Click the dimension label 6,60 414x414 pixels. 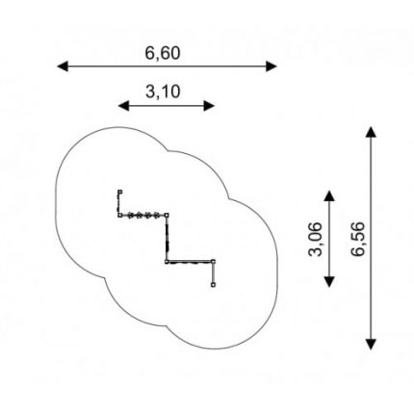[x=163, y=53]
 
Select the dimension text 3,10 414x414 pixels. [x=163, y=91]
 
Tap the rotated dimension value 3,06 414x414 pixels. [x=315, y=239]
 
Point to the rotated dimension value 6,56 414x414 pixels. [x=358, y=239]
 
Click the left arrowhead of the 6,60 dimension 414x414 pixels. [x=63, y=66]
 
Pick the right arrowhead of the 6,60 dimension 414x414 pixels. [x=272, y=66]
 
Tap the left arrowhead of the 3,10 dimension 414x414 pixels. [x=123, y=106]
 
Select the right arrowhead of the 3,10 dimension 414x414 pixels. [x=209, y=106]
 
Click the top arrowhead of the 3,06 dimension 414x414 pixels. [x=329, y=195]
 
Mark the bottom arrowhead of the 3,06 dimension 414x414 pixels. [x=329, y=281]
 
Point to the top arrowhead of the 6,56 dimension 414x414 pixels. [x=371, y=132]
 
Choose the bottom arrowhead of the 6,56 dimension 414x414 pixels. [x=371, y=344]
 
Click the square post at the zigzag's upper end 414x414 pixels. [x=120, y=192]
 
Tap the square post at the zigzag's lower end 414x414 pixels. [x=214, y=284]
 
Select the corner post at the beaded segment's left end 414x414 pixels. [x=119, y=215]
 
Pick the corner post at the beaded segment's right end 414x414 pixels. [x=167, y=215]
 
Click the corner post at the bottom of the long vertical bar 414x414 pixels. [x=167, y=262]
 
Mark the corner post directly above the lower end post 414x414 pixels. [x=214, y=262]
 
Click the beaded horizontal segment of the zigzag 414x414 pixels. [x=143, y=215]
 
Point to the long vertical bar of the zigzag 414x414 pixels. [x=167, y=238]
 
